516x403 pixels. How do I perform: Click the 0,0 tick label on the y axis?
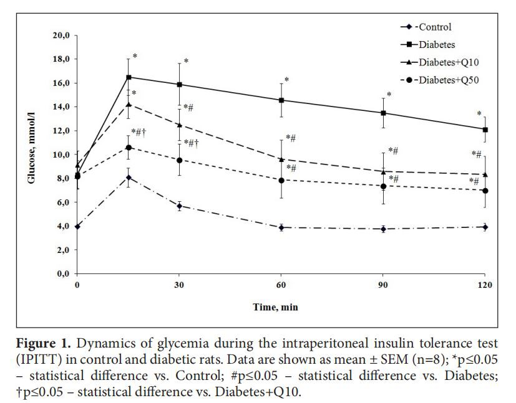(x=62, y=273)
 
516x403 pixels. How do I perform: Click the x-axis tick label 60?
(x=281, y=285)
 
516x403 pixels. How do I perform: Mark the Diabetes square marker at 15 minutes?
(x=129, y=77)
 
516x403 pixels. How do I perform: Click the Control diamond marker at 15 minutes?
(x=129, y=178)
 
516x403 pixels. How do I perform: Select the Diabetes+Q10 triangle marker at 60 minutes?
(x=281, y=159)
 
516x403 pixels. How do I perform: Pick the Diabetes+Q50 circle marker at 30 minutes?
(x=180, y=160)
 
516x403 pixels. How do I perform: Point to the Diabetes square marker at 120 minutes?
(x=485, y=130)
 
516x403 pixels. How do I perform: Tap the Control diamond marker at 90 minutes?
(x=383, y=229)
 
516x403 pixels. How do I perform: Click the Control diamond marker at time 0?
(x=77, y=226)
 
